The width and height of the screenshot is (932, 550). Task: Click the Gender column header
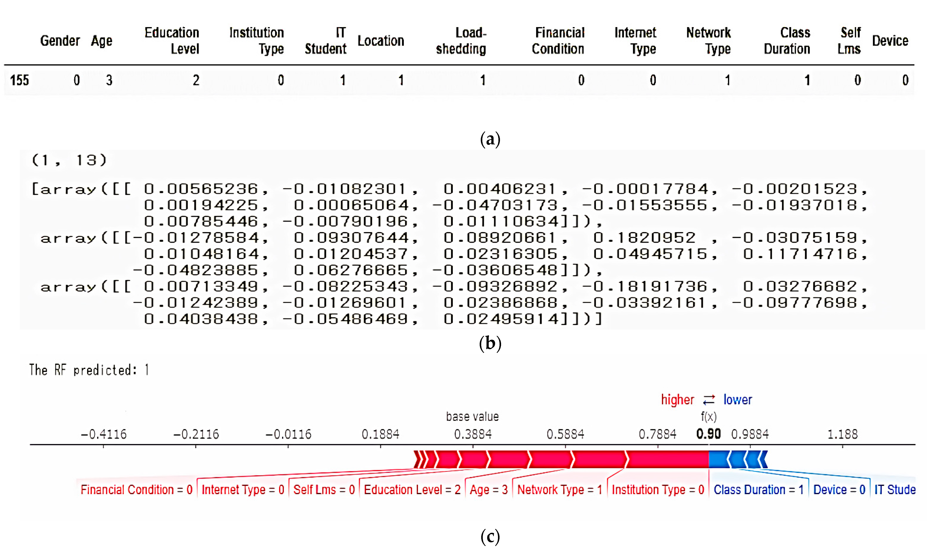click(x=60, y=41)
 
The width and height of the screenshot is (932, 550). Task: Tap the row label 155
click(x=19, y=80)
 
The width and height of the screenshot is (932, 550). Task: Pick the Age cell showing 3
click(x=109, y=80)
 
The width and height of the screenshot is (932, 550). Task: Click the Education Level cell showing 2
click(x=196, y=80)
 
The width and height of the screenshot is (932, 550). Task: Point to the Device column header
click(x=890, y=41)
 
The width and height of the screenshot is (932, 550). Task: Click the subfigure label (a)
click(x=490, y=139)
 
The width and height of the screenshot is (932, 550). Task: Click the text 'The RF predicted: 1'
click(x=89, y=370)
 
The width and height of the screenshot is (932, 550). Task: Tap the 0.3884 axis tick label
click(x=473, y=434)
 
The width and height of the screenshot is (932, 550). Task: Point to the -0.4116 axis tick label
click(x=103, y=434)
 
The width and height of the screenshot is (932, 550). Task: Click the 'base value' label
click(x=472, y=417)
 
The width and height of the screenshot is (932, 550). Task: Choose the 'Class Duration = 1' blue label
click(x=758, y=490)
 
